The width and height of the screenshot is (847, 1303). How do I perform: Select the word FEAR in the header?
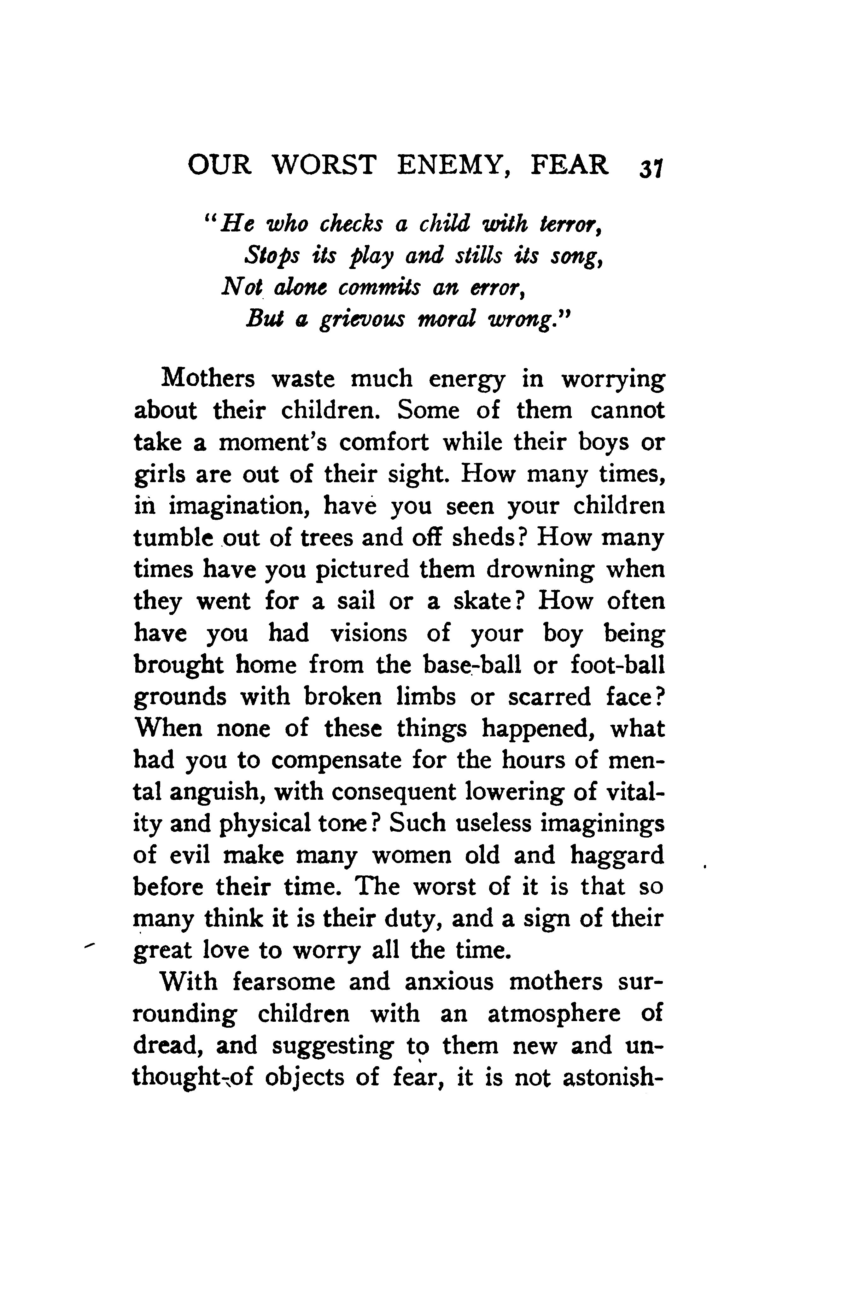coord(570,165)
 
